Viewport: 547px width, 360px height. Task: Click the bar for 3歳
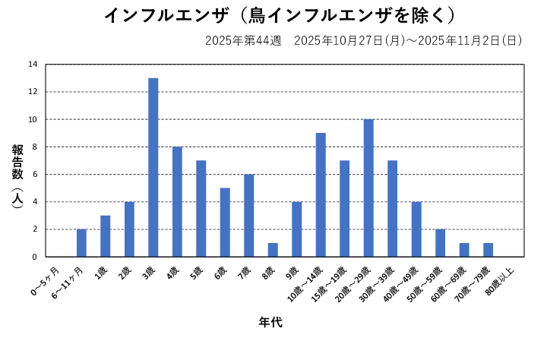click(153, 167)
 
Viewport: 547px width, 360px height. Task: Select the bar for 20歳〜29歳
click(368, 188)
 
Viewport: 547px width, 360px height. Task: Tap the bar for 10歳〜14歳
click(321, 194)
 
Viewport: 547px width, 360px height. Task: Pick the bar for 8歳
click(273, 250)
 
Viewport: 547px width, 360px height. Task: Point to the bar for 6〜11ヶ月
click(81, 243)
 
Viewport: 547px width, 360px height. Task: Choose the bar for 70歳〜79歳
click(488, 250)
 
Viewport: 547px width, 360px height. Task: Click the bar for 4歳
click(177, 201)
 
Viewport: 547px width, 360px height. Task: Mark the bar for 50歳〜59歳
click(440, 243)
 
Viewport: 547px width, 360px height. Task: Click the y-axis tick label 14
click(33, 65)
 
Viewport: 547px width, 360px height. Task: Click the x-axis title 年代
click(271, 323)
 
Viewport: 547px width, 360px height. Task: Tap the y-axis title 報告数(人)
click(17, 175)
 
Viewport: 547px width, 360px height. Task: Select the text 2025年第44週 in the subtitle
click(243, 40)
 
